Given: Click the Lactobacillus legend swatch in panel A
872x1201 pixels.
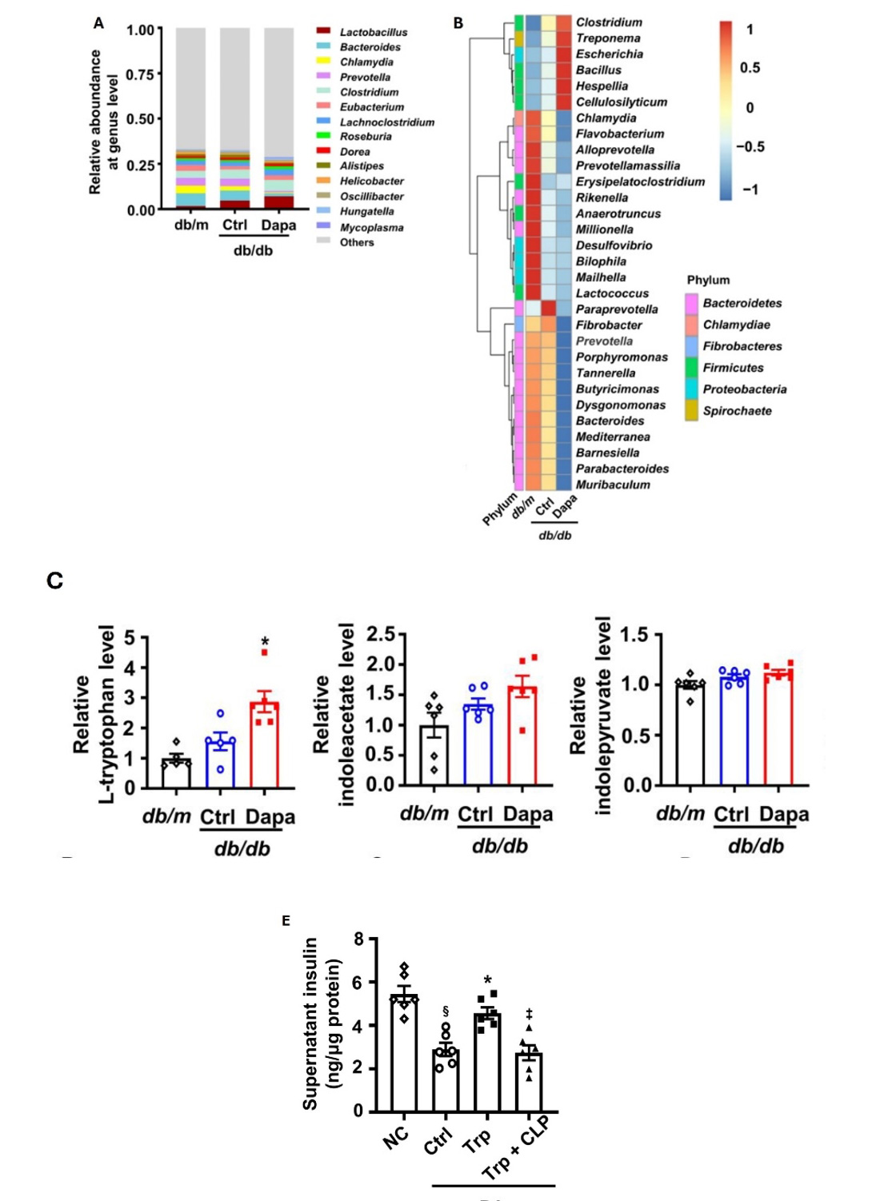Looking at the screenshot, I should point(323,31).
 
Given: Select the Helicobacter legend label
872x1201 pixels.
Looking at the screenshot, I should point(371,182).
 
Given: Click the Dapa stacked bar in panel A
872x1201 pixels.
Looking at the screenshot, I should point(278,120).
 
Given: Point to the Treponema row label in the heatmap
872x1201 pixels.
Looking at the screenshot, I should point(608,38).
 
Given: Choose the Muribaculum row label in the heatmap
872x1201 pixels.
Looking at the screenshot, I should point(613,485).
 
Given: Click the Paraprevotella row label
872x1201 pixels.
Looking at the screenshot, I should point(617,309).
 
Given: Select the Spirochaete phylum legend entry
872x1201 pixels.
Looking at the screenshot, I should point(737,411).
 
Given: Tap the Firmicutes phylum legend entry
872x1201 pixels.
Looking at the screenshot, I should point(733,368).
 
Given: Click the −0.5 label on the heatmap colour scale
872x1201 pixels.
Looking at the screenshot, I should point(750,147).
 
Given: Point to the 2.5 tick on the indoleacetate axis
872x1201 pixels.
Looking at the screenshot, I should point(381,635).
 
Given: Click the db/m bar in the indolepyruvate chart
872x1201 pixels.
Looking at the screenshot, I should point(690,734).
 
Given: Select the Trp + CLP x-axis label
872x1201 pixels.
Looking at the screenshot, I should point(516,1148).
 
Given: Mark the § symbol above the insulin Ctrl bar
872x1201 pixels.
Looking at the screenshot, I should point(446,1012).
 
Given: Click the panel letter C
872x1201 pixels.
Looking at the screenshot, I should point(54,581).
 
